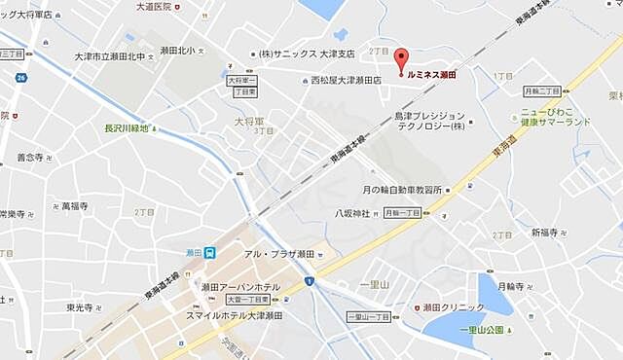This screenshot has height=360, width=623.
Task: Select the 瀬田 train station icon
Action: [209, 252]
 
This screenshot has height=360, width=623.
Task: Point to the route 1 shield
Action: [308, 281]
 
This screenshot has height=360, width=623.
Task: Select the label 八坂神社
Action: [351, 213]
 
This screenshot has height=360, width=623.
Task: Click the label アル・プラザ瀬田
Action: [278, 254]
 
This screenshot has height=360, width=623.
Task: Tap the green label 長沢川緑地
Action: [131, 127]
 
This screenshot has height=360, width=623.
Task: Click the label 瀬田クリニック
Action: [450, 307]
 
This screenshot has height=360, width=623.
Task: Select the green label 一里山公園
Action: [480, 331]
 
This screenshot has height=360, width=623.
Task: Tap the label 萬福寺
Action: [74, 206]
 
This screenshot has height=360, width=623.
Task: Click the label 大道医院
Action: [153, 7]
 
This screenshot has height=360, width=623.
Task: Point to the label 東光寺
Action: [80, 307]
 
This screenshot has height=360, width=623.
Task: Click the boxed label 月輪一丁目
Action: [401, 212]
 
